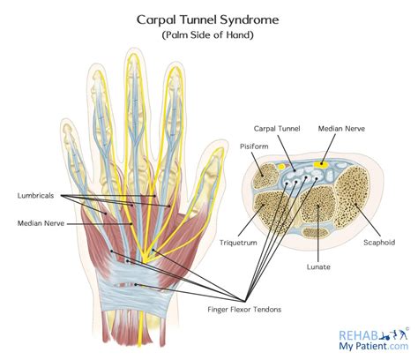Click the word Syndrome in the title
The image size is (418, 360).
point(250,18)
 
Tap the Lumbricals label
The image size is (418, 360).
point(36,195)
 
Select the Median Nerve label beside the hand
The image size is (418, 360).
point(41,223)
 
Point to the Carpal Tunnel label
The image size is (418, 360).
point(277,128)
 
